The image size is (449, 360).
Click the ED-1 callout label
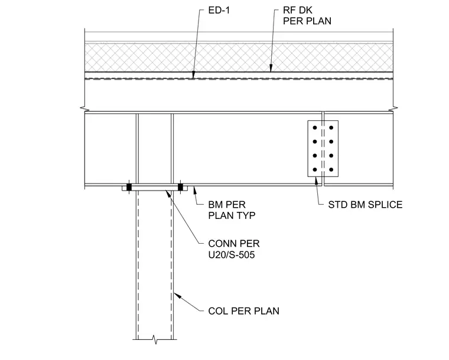click(x=219, y=11)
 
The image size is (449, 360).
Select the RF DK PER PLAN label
click(x=307, y=16)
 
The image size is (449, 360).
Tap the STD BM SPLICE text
click(x=365, y=205)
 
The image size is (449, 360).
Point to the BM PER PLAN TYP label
click(x=232, y=210)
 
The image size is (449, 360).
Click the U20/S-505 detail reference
click(x=232, y=255)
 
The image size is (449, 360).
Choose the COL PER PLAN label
click(x=243, y=311)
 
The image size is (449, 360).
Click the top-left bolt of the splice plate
click(x=315, y=127)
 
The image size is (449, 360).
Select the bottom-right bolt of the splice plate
click(x=331, y=169)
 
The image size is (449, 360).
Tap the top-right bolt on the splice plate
click(x=331, y=127)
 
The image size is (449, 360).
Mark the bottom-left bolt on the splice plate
click(x=315, y=169)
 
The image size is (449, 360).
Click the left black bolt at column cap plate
click(x=129, y=187)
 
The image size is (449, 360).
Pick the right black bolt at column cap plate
click(x=180, y=187)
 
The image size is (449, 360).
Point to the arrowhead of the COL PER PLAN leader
click(x=177, y=296)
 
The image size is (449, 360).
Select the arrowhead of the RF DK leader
click(x=271, y=68)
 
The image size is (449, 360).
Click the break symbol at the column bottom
click(x=155, y=340)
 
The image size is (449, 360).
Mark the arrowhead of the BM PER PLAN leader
click(x=195, y=190)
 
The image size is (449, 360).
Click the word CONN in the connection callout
click(x=220, y=244)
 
